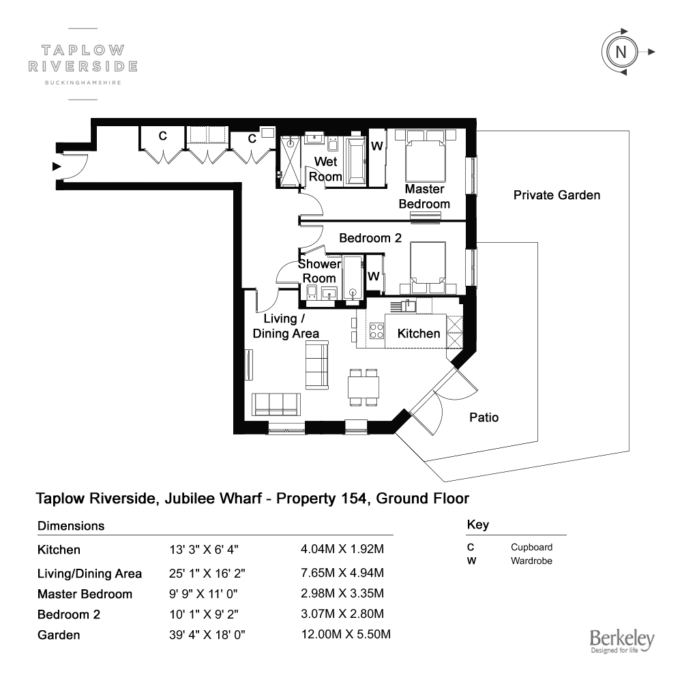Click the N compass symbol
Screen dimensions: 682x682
[x=621, y=53]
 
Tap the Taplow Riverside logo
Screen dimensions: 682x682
[x=83, y=64]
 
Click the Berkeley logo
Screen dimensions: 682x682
[x=621, y=641]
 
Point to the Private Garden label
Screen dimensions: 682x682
[x=557, y=195]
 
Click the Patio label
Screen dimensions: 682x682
[x=484, y=417]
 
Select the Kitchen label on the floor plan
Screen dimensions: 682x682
[x=419, y=333]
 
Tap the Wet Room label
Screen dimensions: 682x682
[x=325, y=169]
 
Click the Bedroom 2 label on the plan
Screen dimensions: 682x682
[x=370, y=238]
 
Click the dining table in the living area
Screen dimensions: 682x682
[x=364, y=387]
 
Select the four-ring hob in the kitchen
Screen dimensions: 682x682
[x=376, y=331]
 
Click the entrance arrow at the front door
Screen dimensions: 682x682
[x=57, y=166]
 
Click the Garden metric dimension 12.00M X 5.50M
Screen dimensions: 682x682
[x=346, y=634]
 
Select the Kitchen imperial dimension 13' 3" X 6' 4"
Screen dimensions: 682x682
[x=203, y=550]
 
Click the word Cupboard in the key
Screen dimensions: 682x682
[x=531, y=547]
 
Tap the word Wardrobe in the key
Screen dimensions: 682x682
[x=531, y=561]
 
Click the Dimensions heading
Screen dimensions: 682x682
[x=71, y=526]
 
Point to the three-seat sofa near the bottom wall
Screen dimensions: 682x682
[x=276, y=404]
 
